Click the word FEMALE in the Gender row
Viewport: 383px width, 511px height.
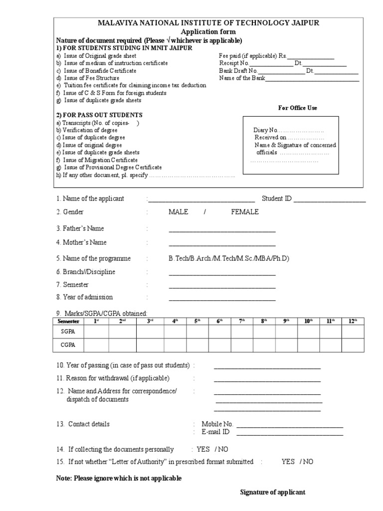click(x=244, y=212)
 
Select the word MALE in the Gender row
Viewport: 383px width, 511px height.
click(x=178, y=212)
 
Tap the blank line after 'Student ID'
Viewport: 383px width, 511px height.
click(x=330, y=201)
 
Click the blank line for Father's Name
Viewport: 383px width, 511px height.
click(x=222, y=231)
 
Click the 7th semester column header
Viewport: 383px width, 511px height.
click(x=242, y=321)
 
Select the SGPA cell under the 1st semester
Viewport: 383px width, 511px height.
click(x=96, y=331)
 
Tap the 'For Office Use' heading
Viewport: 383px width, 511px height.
click(x=297, y=108)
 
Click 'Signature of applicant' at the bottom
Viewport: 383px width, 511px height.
click(x=273, y=492)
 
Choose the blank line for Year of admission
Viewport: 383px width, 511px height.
click(x=222, y=300)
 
